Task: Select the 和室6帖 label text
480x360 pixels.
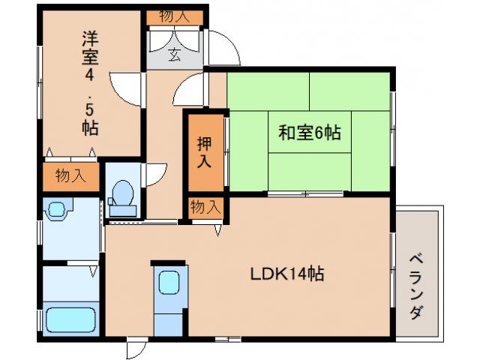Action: tap(310, 133)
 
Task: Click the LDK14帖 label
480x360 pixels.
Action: tap(287, 274)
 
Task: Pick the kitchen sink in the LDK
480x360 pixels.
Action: tap(169, 284)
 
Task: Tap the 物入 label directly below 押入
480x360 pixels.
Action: tap(205, 206)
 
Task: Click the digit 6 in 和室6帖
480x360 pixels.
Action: tap(319, 133)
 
